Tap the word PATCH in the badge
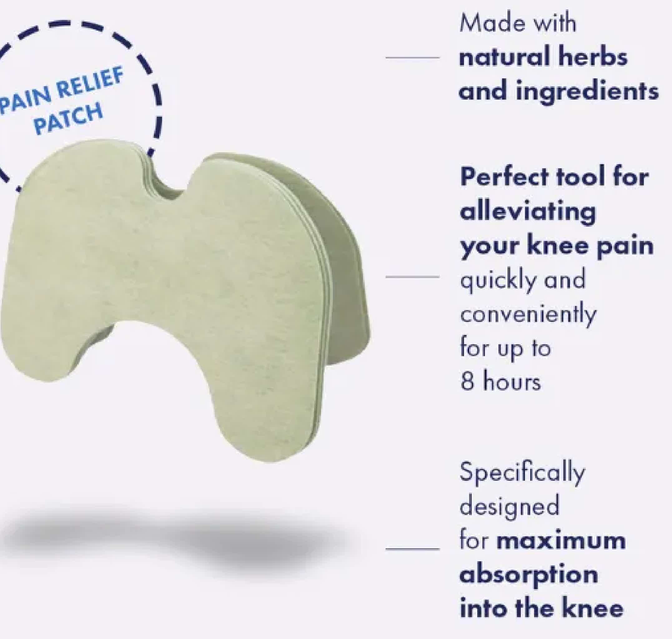68,119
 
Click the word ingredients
587,92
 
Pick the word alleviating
528,212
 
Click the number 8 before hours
467,382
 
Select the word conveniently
528,314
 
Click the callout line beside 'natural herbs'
412,57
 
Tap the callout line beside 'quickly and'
412,277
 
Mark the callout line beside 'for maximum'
412,549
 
